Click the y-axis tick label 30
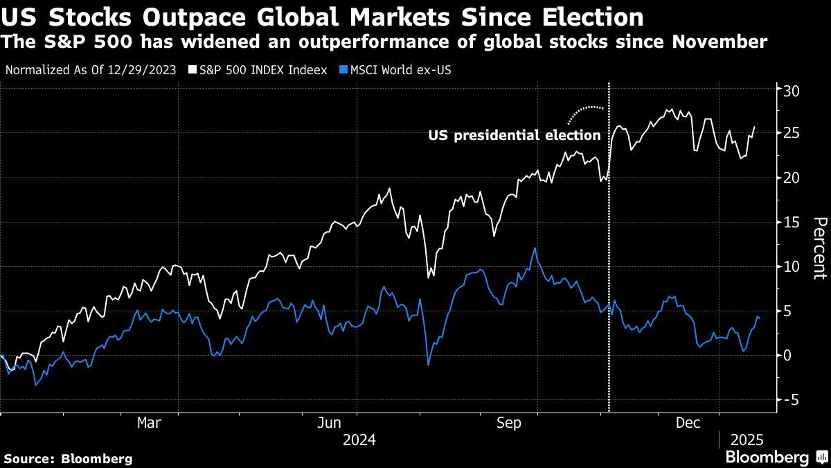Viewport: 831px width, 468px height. coord(792,90)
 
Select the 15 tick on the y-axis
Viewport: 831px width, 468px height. coord(792,223)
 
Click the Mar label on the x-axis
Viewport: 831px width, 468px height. coord(150,423)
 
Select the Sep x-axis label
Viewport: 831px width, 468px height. coord(510,423)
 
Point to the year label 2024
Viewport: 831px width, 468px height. coord(359,440)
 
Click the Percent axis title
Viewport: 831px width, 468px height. coord(820,248)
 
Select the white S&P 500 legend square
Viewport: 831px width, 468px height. coord(193,70)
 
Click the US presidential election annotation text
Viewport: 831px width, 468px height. coord(513,135)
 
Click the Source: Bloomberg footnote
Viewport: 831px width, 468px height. coord(67,458)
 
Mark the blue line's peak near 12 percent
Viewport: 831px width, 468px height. coord(535,248)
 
